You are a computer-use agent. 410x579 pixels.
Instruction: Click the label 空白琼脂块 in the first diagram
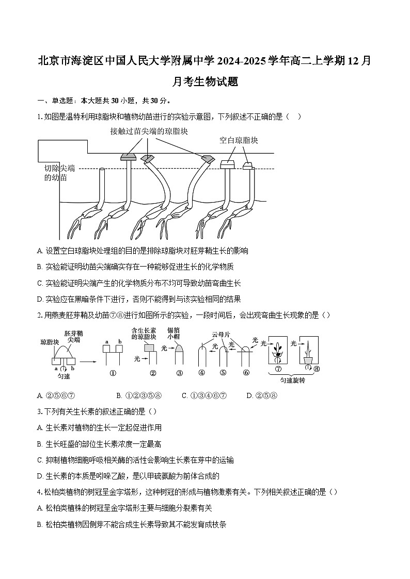tap(239, 140)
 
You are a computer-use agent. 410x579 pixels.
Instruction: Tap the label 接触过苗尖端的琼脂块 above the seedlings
tap(149, 131)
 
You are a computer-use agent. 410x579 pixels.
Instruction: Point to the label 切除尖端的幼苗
tap(59, 173)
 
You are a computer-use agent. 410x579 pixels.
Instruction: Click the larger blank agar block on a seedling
tap(227, 164)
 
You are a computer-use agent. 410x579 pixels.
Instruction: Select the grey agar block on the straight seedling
tap(128, 156)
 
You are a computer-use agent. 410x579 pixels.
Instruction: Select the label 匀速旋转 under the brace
tap(292, 381)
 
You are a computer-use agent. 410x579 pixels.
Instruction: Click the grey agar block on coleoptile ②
tap(149, 348)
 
